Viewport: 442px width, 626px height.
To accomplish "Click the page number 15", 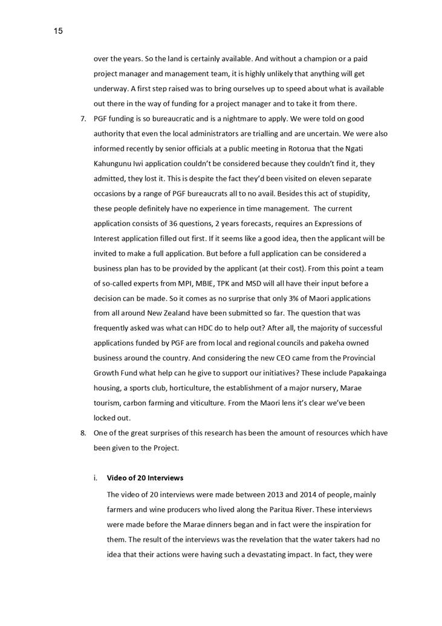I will tap(58, 31).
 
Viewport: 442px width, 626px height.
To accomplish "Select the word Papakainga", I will tap(365, 373).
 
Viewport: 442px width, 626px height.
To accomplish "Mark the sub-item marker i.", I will tap(96, 478).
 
